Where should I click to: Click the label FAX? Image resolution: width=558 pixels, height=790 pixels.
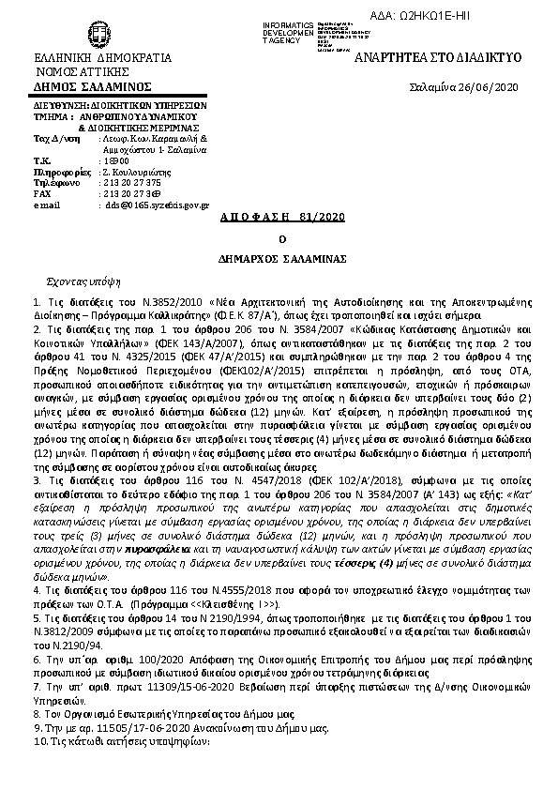42,193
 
